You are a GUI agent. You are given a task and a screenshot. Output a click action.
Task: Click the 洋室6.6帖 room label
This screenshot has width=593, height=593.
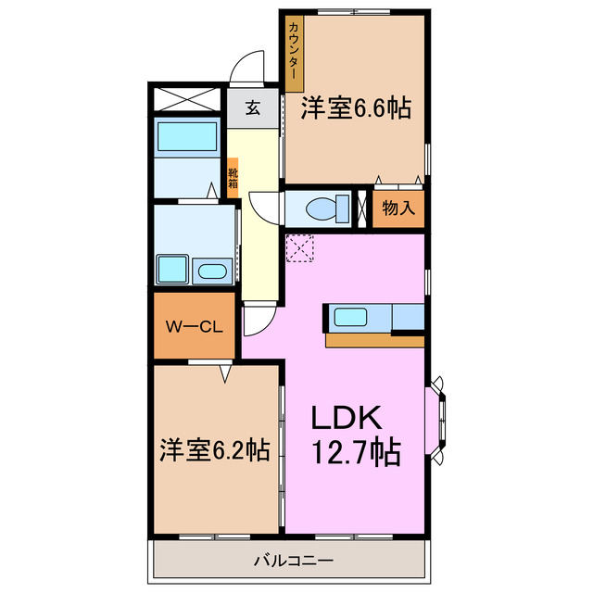point(355,108)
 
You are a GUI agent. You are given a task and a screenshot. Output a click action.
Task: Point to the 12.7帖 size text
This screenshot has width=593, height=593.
point(356,453)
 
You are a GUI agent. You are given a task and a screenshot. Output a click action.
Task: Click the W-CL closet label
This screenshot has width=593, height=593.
point(193,326)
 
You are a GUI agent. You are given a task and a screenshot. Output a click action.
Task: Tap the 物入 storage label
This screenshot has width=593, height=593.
point(398,208)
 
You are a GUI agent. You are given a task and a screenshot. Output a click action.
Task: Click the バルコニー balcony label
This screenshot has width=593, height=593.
point(292,561)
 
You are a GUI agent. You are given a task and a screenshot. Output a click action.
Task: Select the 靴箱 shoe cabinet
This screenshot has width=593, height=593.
point(233,177)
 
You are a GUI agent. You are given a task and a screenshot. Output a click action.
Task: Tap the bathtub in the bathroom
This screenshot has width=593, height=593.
point(186,136)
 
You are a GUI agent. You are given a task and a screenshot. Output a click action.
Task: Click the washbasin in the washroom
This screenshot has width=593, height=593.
point(212,271)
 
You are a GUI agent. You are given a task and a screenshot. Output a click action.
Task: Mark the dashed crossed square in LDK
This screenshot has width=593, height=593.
point(299,247)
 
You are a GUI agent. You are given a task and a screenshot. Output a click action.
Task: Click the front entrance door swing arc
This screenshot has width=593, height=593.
point(246,69)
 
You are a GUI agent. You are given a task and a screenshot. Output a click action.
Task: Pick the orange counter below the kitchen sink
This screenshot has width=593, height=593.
point(374,340)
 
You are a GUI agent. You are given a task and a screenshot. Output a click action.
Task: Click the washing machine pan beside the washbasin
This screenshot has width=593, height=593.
point(173,269)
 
